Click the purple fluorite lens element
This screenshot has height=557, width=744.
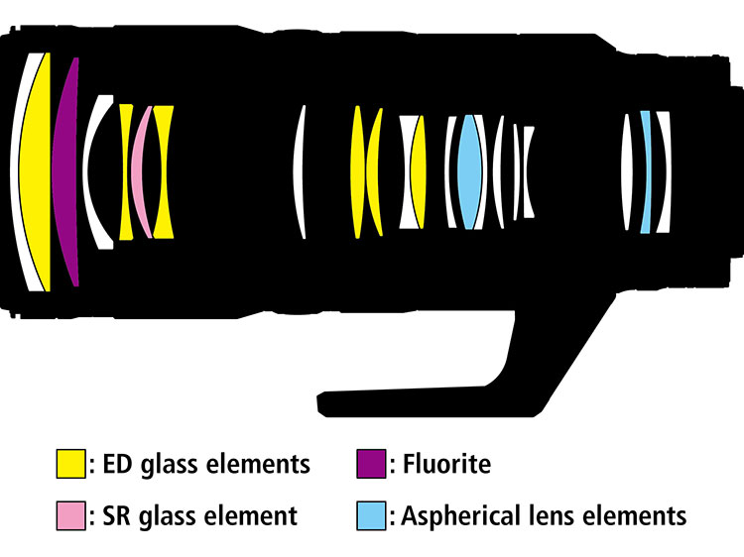click(66, 170)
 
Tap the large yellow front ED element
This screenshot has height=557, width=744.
click(37, 170)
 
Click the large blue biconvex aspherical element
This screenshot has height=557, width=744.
click(469, 172)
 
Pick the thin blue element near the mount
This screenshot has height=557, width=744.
click(646, 172)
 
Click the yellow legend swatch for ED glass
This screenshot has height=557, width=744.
click(70, 464)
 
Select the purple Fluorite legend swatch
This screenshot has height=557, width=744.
click(371, 464)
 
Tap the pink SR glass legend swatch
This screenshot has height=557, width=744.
click(70, 515)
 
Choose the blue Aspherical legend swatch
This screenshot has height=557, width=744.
click(371, 515)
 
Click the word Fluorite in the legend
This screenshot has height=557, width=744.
click(446, 464)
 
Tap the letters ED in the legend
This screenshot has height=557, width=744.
click(117, 464)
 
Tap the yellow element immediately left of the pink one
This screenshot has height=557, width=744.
click(126, 171)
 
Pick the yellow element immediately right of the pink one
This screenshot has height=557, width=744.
click(164, 171)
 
